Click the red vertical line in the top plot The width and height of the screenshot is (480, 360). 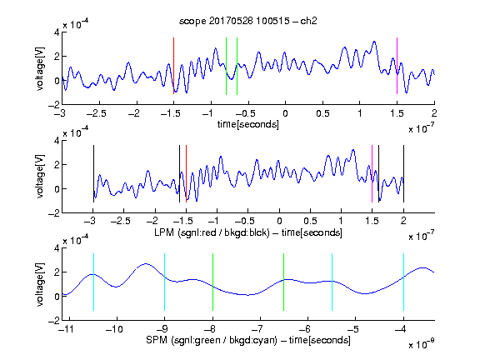(x=173, y=66)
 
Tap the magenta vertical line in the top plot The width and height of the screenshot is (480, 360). (x=397, y=66)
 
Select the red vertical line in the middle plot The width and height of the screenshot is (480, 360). (x=186, y=173)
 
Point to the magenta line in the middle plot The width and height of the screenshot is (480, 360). (x=372, y=173)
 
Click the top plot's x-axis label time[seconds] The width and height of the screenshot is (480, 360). (x=248, y=124)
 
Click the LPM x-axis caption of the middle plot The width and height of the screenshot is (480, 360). (x=248, y=232)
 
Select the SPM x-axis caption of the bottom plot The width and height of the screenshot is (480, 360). (x=248, y=340)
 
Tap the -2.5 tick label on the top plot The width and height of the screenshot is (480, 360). (x=97, y=113)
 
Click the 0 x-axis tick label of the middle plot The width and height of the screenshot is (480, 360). (x=279, y=221)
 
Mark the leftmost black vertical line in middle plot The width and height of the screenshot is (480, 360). (x=93, y=173)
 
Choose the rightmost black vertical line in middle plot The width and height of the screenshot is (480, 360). (x=403, y=173)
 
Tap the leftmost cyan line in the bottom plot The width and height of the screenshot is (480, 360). (x=93, y=282)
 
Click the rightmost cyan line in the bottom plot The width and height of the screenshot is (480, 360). (x=403, y=282)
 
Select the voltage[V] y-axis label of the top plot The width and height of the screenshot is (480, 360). (x=40, y=68)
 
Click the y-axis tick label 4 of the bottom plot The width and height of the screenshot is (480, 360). (x=57, y=248)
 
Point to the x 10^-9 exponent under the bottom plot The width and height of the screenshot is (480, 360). (x=421, y=344)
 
